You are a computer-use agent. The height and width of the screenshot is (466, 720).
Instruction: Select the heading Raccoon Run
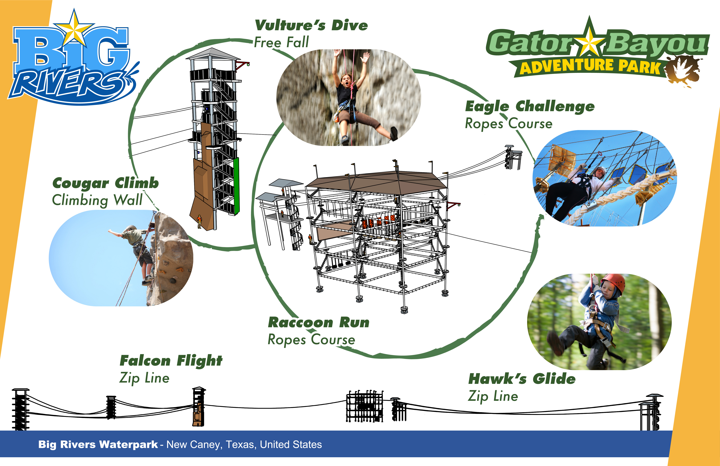(x=318, y=323)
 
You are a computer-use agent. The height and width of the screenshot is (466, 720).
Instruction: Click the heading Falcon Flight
(x=171, y=361)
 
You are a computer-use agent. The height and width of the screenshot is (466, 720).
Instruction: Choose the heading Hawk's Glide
(x=522, y=379)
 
